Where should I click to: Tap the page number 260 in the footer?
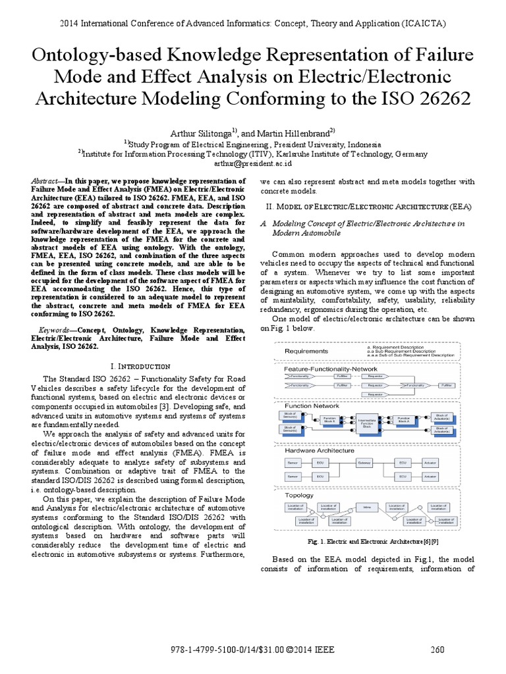[438, 650]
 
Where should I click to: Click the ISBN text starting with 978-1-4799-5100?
[252, 650]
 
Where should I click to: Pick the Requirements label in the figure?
[306, 351]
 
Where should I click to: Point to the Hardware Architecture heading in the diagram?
[320, 451]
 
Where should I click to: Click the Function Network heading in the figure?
[312, 406]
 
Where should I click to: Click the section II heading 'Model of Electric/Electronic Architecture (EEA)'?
[366, 207]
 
